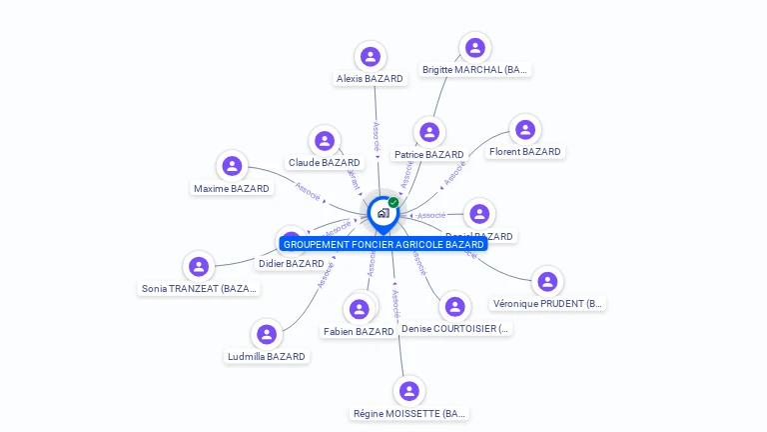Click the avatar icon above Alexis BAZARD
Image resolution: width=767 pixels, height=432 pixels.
coord(371,56)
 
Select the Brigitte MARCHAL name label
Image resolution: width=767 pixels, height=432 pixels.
coord(475,70)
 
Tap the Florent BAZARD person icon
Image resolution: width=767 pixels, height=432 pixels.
coord(524,130)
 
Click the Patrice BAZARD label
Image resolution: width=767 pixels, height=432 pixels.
coord(429,155)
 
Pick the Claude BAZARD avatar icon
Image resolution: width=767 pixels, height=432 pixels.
coord(324,141)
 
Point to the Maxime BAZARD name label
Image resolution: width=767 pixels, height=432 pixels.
coord(232,188)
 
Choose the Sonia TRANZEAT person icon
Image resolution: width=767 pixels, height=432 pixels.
coord(199,266)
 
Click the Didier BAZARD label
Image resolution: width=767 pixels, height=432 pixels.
coord(292,264)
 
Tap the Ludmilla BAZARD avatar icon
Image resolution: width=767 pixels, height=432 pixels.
coord(266,334)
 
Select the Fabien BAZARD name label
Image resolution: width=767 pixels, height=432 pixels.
coord(359,332)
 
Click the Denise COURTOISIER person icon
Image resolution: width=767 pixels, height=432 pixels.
coord(454,306)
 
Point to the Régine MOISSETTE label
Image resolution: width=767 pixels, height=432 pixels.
coord(409,414)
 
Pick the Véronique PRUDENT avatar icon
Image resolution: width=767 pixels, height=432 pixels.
coord(548,281)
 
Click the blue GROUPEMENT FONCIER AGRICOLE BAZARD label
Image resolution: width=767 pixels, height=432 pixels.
coord(383,244)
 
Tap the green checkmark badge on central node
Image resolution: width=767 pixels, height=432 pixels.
coord(393,203)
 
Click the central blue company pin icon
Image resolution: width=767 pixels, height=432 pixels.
coord(382,213)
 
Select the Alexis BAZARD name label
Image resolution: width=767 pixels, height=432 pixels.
coord(370,79)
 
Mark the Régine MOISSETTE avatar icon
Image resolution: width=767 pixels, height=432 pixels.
coord(408,391)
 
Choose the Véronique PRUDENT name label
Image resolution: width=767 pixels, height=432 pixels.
coord(548,304)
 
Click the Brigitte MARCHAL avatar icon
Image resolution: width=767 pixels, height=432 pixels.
coord(475,47)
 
